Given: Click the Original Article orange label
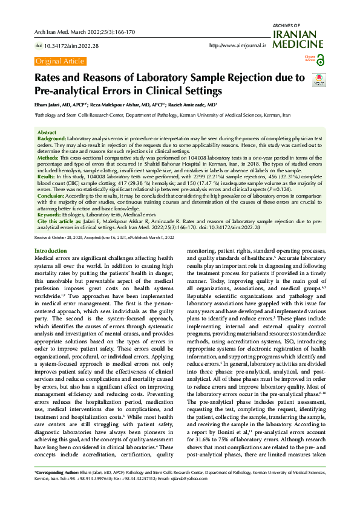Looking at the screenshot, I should [x=59, y=61].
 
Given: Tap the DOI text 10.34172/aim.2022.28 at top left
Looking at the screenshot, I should [x=67, y=46].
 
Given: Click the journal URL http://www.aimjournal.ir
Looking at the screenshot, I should [x=238, y=46].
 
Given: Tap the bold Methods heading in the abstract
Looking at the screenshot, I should [x=48, y=157].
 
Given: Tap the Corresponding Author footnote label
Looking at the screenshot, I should [x=60, y=487].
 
